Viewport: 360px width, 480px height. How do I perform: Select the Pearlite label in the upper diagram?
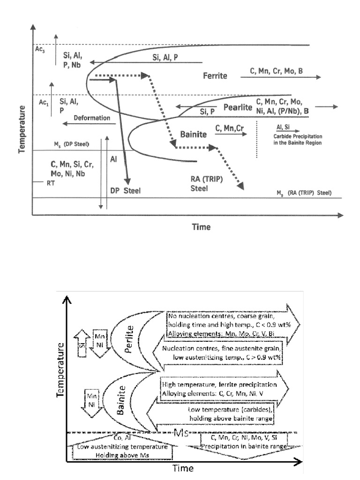[x=236, y=106]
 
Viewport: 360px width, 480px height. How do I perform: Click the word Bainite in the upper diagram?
[x=194, y=134]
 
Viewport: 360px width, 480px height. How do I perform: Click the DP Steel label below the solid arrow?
[x=126, y=190]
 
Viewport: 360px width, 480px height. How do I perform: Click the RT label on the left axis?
[x=44, y=184]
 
